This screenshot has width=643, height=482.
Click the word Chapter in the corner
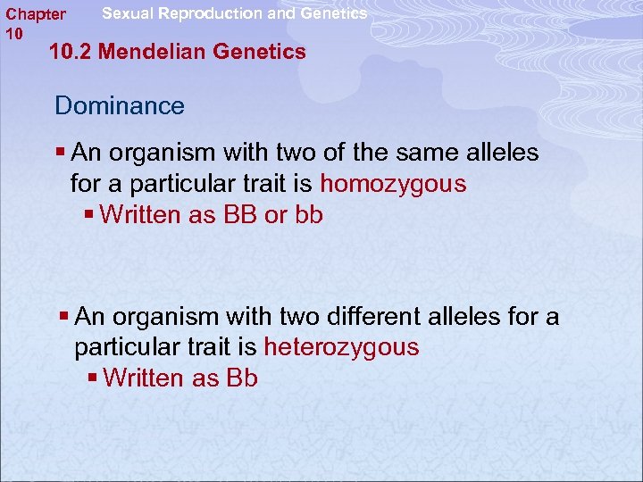point(36,14)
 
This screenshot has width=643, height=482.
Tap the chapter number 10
point(13,33)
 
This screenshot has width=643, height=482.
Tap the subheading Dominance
point(119,106)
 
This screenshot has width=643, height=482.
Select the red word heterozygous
point(340,347)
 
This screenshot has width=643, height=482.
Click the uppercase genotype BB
point(240,215)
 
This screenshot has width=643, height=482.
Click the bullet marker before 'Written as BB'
point(90,215)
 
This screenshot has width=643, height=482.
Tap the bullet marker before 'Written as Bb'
point(94,378)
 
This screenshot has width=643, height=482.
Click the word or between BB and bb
point(275,215)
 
